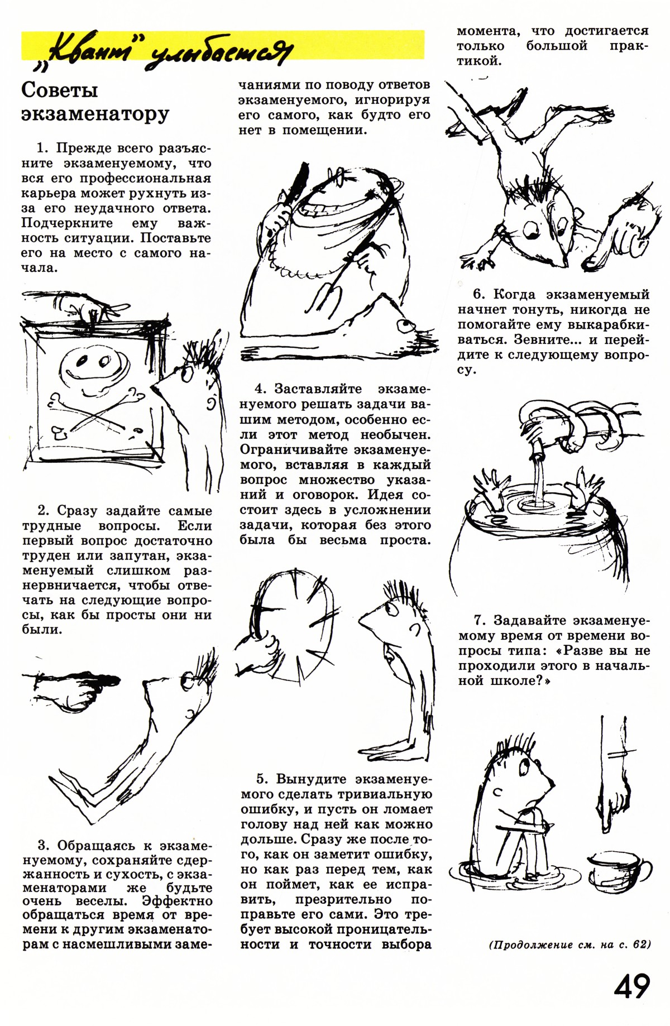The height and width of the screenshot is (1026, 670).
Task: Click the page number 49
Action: tap(632, 986)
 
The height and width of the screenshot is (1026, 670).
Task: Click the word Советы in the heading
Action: tap(60, 90)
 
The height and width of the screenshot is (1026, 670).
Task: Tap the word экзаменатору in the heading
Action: tap(95, 113)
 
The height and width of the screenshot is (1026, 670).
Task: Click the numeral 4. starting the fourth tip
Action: tap(261, 389)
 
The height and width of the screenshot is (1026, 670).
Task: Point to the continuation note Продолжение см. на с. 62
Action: tap(569, 945)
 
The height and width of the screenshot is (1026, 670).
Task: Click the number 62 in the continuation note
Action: tap(642, 945)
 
